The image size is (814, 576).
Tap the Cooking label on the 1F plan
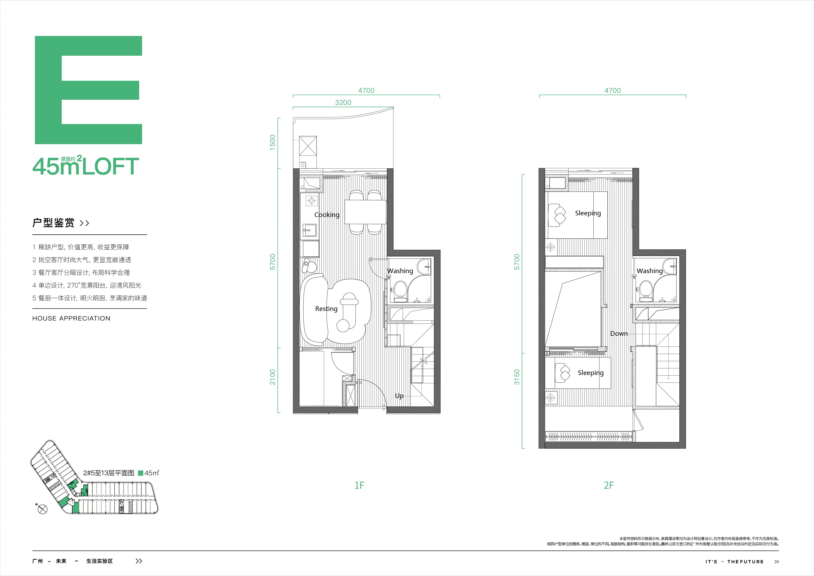coord(327,215)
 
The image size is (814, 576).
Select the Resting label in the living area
coord(326,309)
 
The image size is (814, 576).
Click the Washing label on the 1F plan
coord(400,271)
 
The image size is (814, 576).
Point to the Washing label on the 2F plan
coord(650,271)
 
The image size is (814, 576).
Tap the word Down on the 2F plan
coord(619,334)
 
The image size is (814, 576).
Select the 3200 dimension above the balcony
coord(343,103)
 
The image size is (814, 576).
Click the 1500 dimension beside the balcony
coord(272,142)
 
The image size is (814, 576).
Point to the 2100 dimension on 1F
coord(272,377)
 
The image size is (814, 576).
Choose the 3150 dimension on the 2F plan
coord(517,377)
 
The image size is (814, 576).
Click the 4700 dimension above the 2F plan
coord(613,91)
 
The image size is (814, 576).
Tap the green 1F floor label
coord(359,485)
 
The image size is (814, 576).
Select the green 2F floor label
coord(609,485)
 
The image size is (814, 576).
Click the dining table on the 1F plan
coord(365,212)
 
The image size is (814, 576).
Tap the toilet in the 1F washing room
coord(401,289)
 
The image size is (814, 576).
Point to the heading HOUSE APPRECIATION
coord(71,318)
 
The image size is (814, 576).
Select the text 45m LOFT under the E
coord(85,166)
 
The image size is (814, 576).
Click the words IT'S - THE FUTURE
coord(734,561)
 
